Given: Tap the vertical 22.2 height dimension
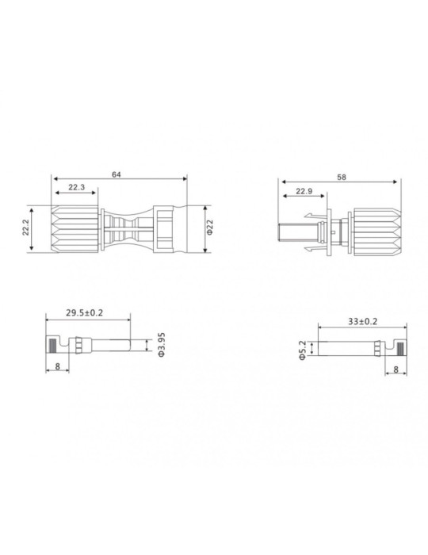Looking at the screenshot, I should [27, 228].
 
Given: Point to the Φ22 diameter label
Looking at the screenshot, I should [210, 228].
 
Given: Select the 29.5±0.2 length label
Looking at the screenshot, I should [86, 313].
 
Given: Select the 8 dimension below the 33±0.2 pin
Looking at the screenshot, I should [395, 369].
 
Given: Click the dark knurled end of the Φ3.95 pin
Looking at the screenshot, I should [52, 346].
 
